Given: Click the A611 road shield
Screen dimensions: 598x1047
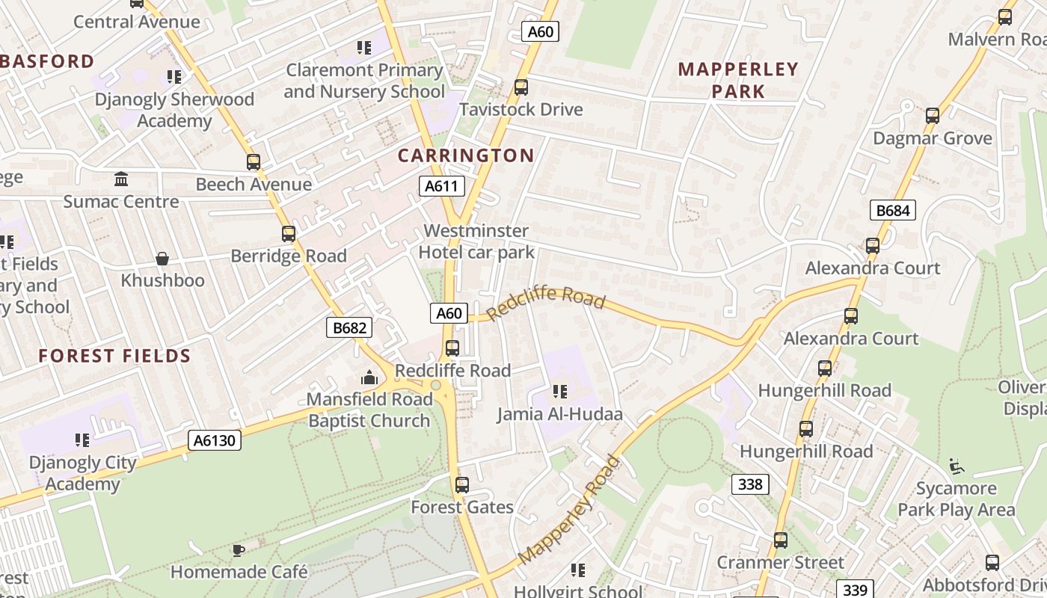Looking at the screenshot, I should point(441,186).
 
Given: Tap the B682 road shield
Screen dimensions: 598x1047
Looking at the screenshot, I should point(349,327).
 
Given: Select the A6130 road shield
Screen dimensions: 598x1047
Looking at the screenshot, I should point(215,440).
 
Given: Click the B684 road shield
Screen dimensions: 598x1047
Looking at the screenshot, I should point(893,210).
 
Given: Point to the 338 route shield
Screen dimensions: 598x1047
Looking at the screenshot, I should point(750,484).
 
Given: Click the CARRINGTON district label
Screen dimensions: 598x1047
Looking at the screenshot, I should point(465,155).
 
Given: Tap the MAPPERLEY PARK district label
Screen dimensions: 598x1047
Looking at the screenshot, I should point(738,80).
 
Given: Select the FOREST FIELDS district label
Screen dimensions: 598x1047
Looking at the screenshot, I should point(115,356).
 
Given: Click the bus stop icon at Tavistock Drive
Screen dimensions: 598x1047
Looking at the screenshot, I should point(521,87).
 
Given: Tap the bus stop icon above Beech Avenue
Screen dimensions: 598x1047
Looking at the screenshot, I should point(254,161).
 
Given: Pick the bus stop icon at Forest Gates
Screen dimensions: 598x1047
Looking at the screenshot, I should point(462,484).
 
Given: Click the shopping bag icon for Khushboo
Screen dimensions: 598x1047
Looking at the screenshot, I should point(162,259).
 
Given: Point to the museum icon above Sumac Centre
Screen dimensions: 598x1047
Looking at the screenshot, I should point(121,179).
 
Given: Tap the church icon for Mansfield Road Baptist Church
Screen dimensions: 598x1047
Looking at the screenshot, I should point(369,377).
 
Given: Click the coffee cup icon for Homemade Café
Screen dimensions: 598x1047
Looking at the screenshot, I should point(238,551).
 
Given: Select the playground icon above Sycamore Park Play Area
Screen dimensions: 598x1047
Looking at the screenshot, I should point(957,466).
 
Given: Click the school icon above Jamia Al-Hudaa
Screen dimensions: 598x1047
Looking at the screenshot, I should point(560,391).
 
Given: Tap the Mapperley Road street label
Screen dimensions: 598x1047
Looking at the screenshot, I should point(569,510).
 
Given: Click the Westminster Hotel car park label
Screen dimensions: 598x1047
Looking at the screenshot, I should point(476,241).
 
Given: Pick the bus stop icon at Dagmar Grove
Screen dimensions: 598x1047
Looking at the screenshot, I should point(933,116).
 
